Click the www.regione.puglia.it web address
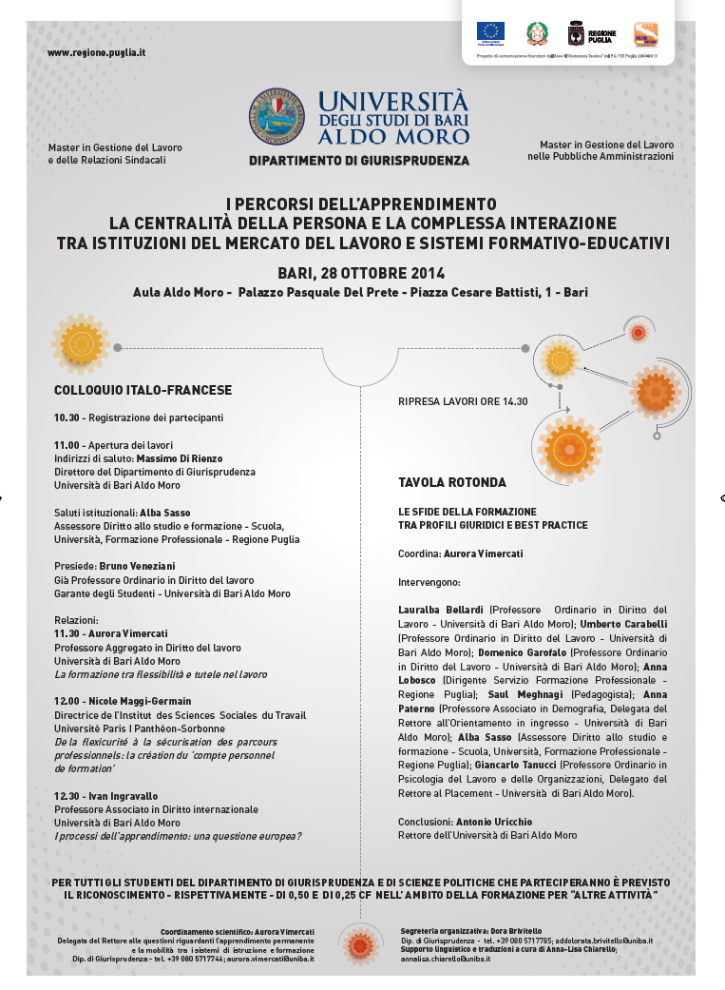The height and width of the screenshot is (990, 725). pyautogui.click(x=96, y=52)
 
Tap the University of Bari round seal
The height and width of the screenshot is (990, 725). pyautogui.click(x=277, y=116)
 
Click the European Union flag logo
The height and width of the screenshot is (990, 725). pyautogui.click(x=490, y=32)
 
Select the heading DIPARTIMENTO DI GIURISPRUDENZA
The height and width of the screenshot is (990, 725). pyautogui.click(x=358, y=161)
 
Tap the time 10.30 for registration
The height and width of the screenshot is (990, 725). pyautogui.click(x=67, y=417)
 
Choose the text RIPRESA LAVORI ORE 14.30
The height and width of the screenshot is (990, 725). pyautogui.click(x=463, y=401)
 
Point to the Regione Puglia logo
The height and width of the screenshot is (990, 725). pyautogui.click(x=587, y=34)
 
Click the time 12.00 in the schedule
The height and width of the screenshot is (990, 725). pyautogui.click(x=67, y=702)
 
